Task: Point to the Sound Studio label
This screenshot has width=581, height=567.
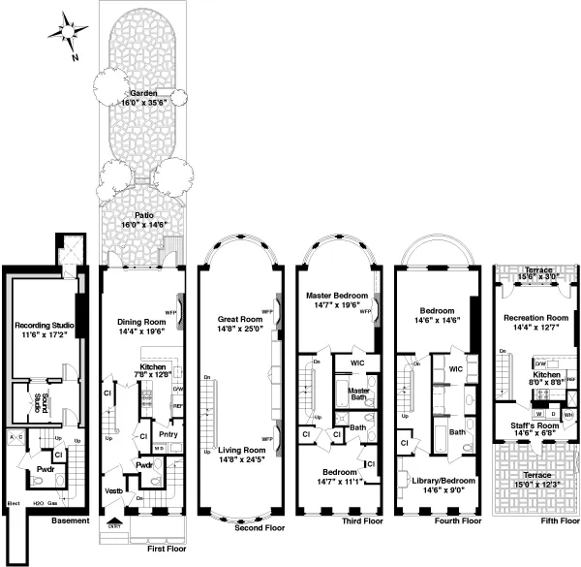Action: (37, 401)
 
